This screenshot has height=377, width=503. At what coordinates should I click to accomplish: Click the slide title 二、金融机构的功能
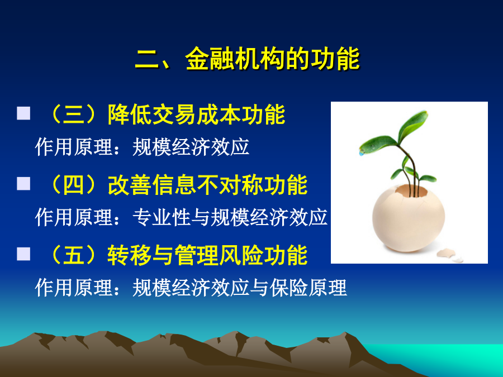click(247, 59)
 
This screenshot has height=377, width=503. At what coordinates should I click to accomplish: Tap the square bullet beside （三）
click(23, 113)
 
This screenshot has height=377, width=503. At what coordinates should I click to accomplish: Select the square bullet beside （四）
click(23, 183)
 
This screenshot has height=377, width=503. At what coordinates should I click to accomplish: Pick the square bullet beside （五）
click(23, 254)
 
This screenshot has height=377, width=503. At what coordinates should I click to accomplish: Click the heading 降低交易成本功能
click(196, 114)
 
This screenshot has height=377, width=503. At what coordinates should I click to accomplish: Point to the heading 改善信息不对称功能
click(207, 185)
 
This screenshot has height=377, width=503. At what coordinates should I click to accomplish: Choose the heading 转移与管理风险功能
click(207, 255)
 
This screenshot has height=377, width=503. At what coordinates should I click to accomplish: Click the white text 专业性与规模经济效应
click(230, 217)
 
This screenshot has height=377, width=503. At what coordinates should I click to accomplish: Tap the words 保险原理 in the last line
click(308, 287)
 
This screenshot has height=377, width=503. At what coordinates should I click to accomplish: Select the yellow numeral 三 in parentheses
click(74, 114)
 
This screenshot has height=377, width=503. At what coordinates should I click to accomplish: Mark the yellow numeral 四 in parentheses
click(74, 185)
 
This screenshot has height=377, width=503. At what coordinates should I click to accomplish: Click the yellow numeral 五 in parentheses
click(74, 255)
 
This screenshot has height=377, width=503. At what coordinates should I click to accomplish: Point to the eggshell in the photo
click(409, 218)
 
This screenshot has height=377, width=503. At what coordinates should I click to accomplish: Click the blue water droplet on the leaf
click(362, 154)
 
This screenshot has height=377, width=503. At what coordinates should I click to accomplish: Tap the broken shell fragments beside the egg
click(450, 255)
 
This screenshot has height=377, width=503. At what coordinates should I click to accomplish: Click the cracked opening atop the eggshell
click(411, 191)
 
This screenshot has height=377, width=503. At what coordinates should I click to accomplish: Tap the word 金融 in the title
click(210, 59)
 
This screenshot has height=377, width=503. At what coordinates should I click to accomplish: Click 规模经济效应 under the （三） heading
click(191, 147)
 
